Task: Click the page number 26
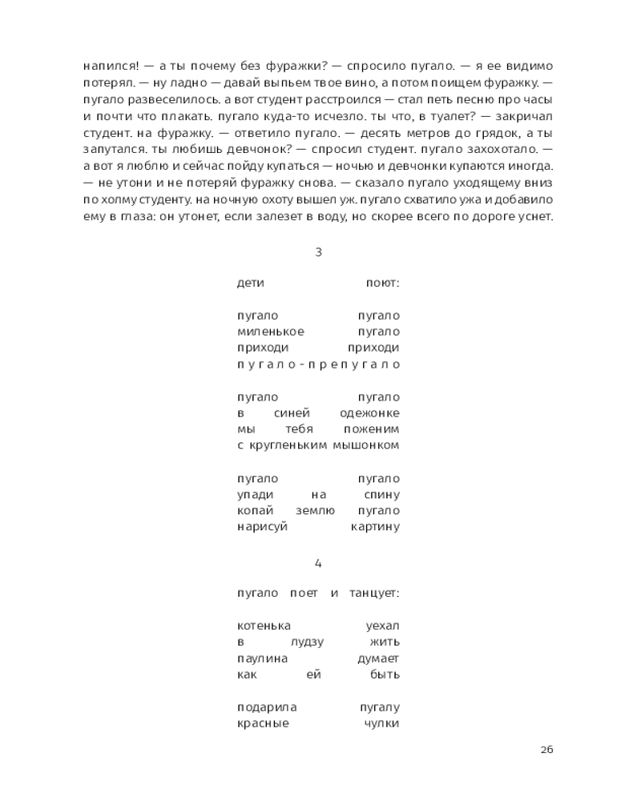(x=546, y=750)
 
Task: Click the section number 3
(x=318, y=252)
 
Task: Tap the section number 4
(x=318, y=563)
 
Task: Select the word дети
(x=251, y=283)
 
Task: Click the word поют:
(x=382, y=283)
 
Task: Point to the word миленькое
(x=271, y=332)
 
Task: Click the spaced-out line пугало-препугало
(x=318, y=364)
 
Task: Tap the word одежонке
(x=373, y=413)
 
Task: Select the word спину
(x=381, y=494)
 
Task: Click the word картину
(x=375, y=527)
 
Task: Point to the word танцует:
(x=374, y=593)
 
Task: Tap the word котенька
(x=264, y=626)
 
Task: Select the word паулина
(x=263, y=658)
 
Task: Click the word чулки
(x=381, y=723)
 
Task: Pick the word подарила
(x=268, y=707)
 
